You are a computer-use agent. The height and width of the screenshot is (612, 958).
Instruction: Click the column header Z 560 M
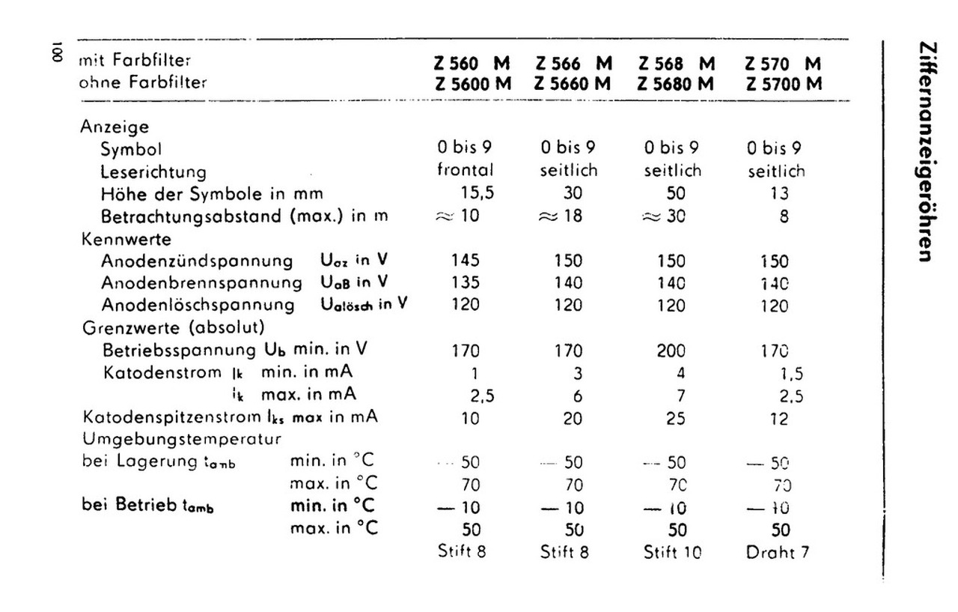pos(472,64)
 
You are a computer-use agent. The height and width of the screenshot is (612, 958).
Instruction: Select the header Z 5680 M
pos(676,84)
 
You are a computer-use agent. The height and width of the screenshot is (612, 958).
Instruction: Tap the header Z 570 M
pos(782,64)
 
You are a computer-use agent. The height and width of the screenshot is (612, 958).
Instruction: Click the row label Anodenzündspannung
pos(197,261)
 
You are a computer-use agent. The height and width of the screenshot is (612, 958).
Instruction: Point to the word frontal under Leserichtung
pos(466,170)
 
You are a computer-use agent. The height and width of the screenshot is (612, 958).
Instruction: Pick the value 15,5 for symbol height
pos(477,193)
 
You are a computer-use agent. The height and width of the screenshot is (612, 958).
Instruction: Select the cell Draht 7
pos(778,554)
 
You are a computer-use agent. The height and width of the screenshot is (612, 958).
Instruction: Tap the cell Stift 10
pos(673,554)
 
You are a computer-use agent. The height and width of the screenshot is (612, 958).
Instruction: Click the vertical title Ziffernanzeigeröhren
pos(925,151)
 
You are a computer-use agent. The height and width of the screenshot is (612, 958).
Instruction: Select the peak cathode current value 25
pos(675,418)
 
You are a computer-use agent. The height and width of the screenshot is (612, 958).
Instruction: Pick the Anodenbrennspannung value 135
pos(465,283)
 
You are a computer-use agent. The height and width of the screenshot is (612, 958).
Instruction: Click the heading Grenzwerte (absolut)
pos(173,327)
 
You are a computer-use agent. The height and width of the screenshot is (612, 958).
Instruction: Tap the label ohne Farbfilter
pos(142,82)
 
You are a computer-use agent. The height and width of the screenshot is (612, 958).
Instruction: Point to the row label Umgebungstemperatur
pos(182,438)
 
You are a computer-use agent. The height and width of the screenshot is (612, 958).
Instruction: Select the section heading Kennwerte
pos(126,240)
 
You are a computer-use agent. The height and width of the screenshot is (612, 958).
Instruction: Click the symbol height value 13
pos(778,194)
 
